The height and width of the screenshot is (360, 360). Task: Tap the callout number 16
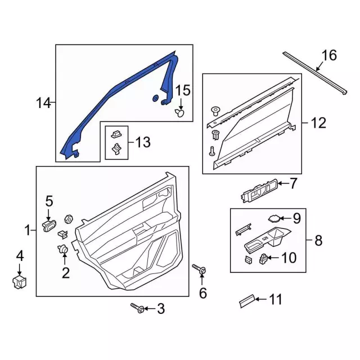pos(328,55)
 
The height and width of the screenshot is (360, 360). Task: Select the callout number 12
pos(318,123)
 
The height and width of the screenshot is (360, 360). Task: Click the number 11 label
pos(274,300)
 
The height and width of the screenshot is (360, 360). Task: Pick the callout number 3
pos(160,308)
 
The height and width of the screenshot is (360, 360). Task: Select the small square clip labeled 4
pos(20,281)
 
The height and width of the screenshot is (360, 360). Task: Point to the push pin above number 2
pos(63,249)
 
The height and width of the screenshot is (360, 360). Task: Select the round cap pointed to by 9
pos(274,219)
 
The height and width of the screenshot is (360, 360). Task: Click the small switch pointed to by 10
pos(263,259)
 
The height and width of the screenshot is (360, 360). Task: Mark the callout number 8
pos(318,241)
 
